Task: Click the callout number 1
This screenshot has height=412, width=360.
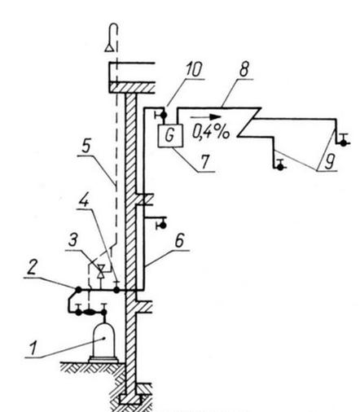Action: (33, 348)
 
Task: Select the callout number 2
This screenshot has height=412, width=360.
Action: (32, 269)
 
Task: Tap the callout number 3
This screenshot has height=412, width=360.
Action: (72, 240)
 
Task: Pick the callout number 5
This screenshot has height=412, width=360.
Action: (86, 147)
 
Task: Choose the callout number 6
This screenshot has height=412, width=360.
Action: (179, 241)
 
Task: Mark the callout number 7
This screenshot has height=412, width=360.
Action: (205, 161)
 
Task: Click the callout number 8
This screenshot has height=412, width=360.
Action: (244, 69)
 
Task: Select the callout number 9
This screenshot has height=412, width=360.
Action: (328, 161)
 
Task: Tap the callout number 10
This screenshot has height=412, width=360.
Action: (193, 69)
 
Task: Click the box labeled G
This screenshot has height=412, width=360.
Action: (170, 135)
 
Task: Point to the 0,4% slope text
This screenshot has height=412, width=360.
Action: (211, 132)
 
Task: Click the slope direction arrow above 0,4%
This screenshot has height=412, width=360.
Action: (205, 117)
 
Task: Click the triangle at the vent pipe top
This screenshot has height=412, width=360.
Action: (109, 47)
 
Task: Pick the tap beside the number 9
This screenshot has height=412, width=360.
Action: (344, 141)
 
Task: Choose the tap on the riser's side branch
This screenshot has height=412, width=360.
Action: (161, 224)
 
